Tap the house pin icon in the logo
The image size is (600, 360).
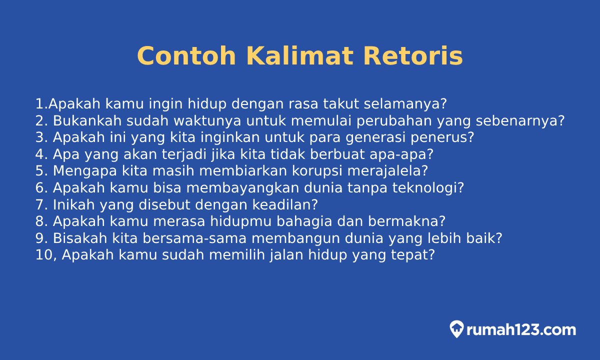coord(456,329)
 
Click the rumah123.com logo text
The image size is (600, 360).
coord(520,330)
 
